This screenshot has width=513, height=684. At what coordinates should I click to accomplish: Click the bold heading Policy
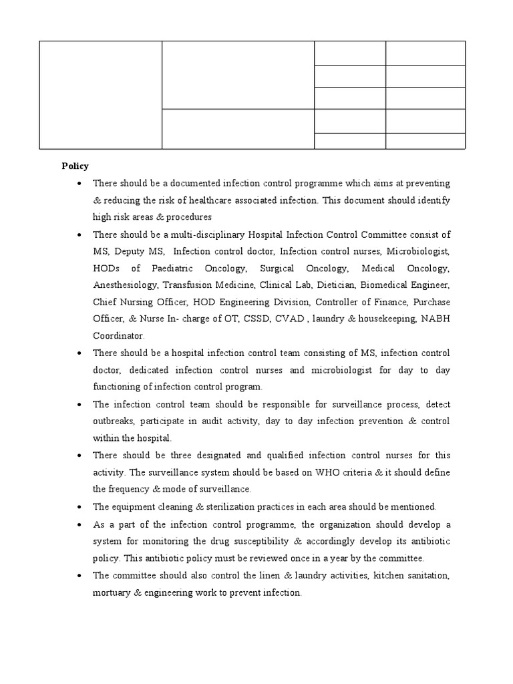click(x=75, y=166)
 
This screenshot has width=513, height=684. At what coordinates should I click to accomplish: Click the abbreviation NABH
click(x=435, y=319)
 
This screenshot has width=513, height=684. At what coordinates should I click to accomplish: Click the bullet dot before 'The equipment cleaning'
click(x=80, y=506)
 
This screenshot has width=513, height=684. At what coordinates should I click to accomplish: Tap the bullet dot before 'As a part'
click(x=80, y=524)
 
